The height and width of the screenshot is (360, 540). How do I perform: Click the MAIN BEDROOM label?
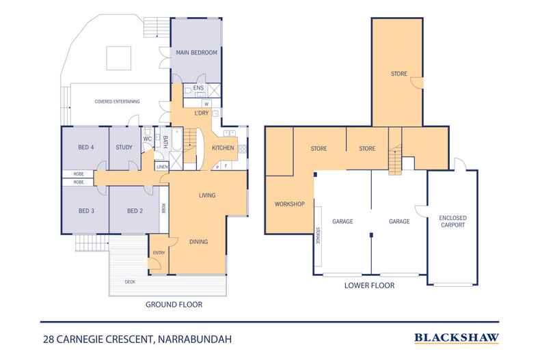coord(196,53)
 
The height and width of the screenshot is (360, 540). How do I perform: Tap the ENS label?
coord(198,88)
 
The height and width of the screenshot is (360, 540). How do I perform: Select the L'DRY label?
coord(202,113)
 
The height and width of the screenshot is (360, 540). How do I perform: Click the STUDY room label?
coord(124,146)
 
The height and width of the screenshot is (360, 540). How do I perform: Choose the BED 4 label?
coord(85,146)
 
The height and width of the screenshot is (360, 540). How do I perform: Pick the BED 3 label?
coord(85,210)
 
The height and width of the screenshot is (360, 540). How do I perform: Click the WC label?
coord(147,139)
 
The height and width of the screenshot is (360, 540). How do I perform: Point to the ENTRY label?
coord(159,253)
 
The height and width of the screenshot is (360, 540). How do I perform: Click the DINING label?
coord(198,241)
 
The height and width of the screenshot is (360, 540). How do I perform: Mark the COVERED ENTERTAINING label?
coord(118,102)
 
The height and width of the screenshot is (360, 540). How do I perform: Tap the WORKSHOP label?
coord(288,204)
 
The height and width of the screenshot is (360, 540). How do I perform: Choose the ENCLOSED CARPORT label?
coord(452,221)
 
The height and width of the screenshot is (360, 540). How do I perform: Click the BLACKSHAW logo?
coord(457,337)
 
